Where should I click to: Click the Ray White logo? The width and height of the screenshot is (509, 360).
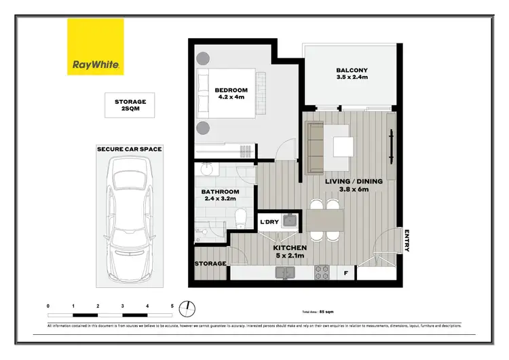96,47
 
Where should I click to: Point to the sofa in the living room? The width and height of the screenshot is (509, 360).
315,147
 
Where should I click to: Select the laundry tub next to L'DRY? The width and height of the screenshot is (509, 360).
288,220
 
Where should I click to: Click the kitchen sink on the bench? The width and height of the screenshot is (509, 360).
284,273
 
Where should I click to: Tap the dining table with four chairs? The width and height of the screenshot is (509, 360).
324,219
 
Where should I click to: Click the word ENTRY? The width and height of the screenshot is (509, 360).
407,240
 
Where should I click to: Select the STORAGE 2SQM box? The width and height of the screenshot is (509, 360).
130,106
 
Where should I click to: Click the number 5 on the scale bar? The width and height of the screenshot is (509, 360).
172,307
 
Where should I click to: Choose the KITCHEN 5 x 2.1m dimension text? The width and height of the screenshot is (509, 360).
290,253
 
